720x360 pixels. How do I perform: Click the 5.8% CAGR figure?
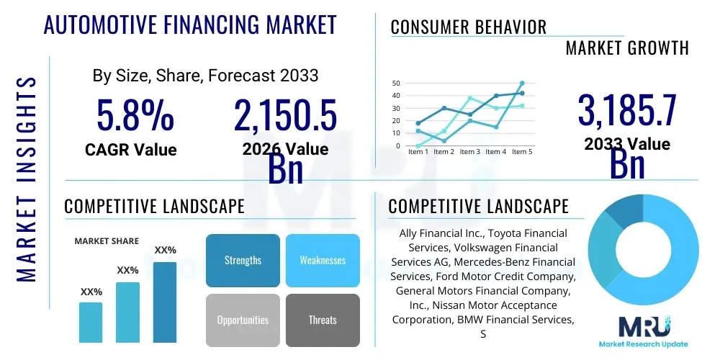(x=135, y=115)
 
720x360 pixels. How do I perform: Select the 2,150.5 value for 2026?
(x=285, y=115)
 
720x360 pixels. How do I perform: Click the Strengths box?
(x=243, y=260)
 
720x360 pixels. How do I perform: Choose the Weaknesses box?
(x=322, y=260)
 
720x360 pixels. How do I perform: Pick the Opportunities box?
(x=243, y=320)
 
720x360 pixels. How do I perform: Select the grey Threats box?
(x=322, y=320)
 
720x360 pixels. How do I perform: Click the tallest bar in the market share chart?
(x=164, y=302)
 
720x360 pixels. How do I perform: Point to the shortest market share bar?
(x=91, y=322)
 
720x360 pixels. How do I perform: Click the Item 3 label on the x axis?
(x=469, y=152)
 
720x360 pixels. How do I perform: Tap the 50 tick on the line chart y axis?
(x=395, y=84)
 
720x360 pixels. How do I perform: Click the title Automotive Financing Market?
(x=190, y=25)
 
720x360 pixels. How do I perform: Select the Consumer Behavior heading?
(x=468, y=27)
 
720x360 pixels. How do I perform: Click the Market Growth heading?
(x=626, y=48)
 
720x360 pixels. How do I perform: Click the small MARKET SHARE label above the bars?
(x=107, y=241)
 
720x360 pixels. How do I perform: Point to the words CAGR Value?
(x=130, y=150)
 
